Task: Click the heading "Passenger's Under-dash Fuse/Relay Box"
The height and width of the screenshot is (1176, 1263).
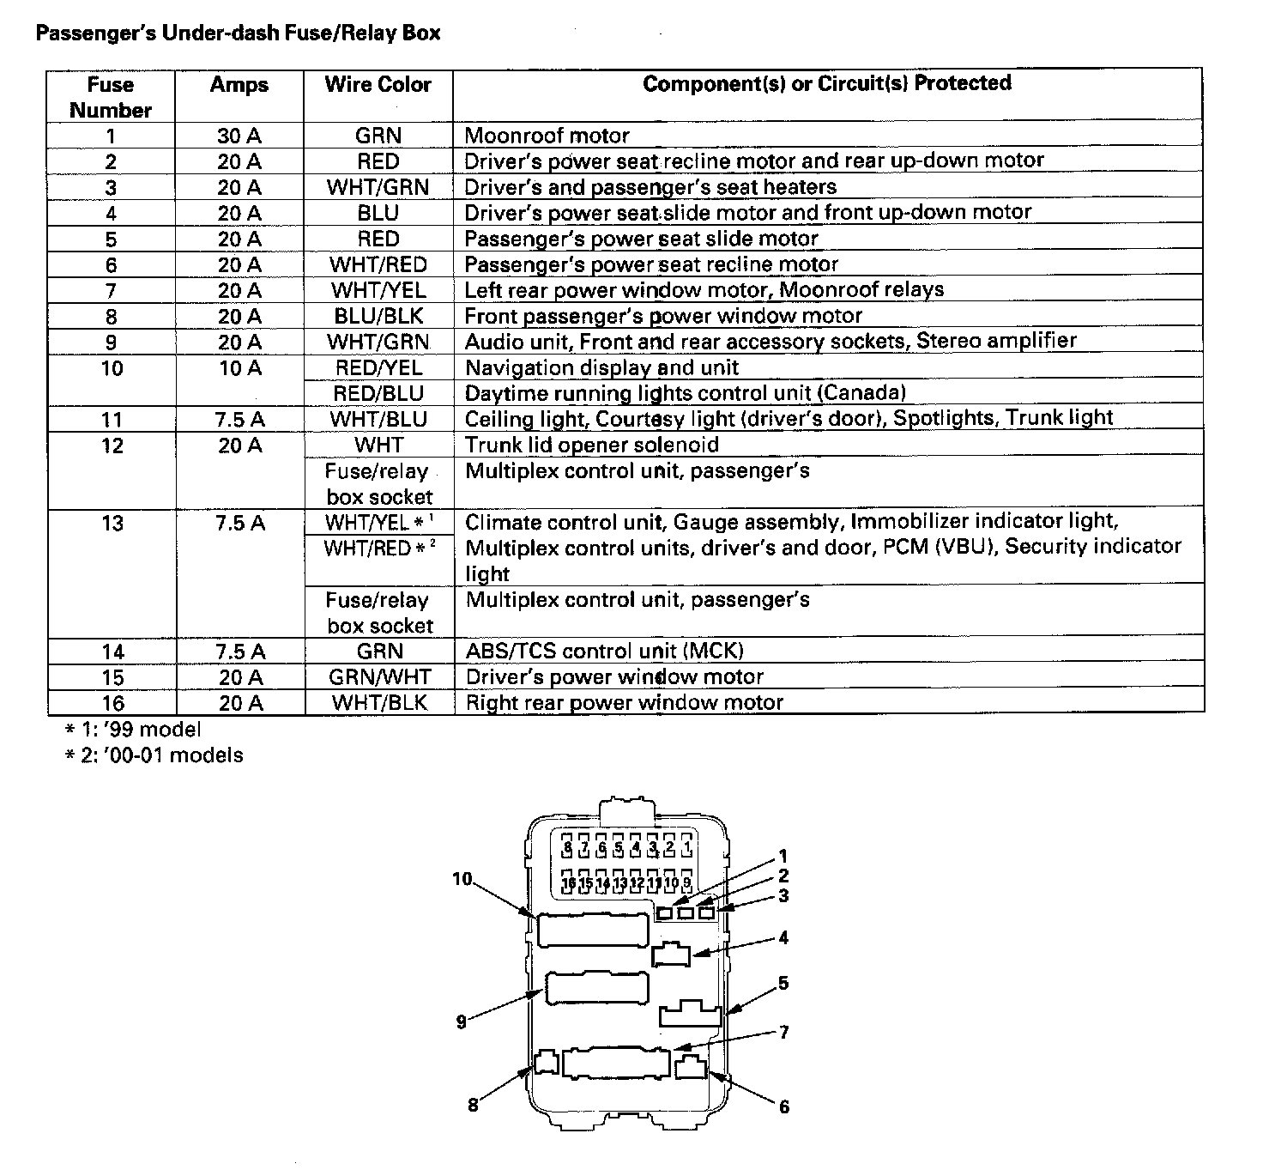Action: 239,33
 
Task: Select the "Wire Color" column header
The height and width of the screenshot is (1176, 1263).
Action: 378,84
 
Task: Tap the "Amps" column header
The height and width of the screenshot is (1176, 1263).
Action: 239,84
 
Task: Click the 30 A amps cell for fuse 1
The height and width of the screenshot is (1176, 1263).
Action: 239,136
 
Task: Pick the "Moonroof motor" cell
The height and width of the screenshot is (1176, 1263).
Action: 547,136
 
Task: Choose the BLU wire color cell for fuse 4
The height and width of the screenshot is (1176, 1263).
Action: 378,213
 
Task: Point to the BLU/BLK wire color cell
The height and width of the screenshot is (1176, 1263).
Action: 378,316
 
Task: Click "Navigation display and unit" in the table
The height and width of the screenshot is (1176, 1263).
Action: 601,367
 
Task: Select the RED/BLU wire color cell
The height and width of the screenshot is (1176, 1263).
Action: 378,393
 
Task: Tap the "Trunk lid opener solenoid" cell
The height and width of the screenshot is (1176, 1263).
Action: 591,445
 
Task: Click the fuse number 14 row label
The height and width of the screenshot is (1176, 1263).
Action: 112,652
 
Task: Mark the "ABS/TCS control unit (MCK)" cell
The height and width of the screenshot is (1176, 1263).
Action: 604,651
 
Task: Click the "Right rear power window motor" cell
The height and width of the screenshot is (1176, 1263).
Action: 624,703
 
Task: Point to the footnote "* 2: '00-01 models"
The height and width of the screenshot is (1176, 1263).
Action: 154,755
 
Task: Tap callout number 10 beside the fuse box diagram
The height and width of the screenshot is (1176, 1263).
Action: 462,879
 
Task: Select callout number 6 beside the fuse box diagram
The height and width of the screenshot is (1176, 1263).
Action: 783,1107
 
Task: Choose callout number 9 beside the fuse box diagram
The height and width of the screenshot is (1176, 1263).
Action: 462,1021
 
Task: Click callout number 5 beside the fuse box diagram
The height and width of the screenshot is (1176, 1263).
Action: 783,984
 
